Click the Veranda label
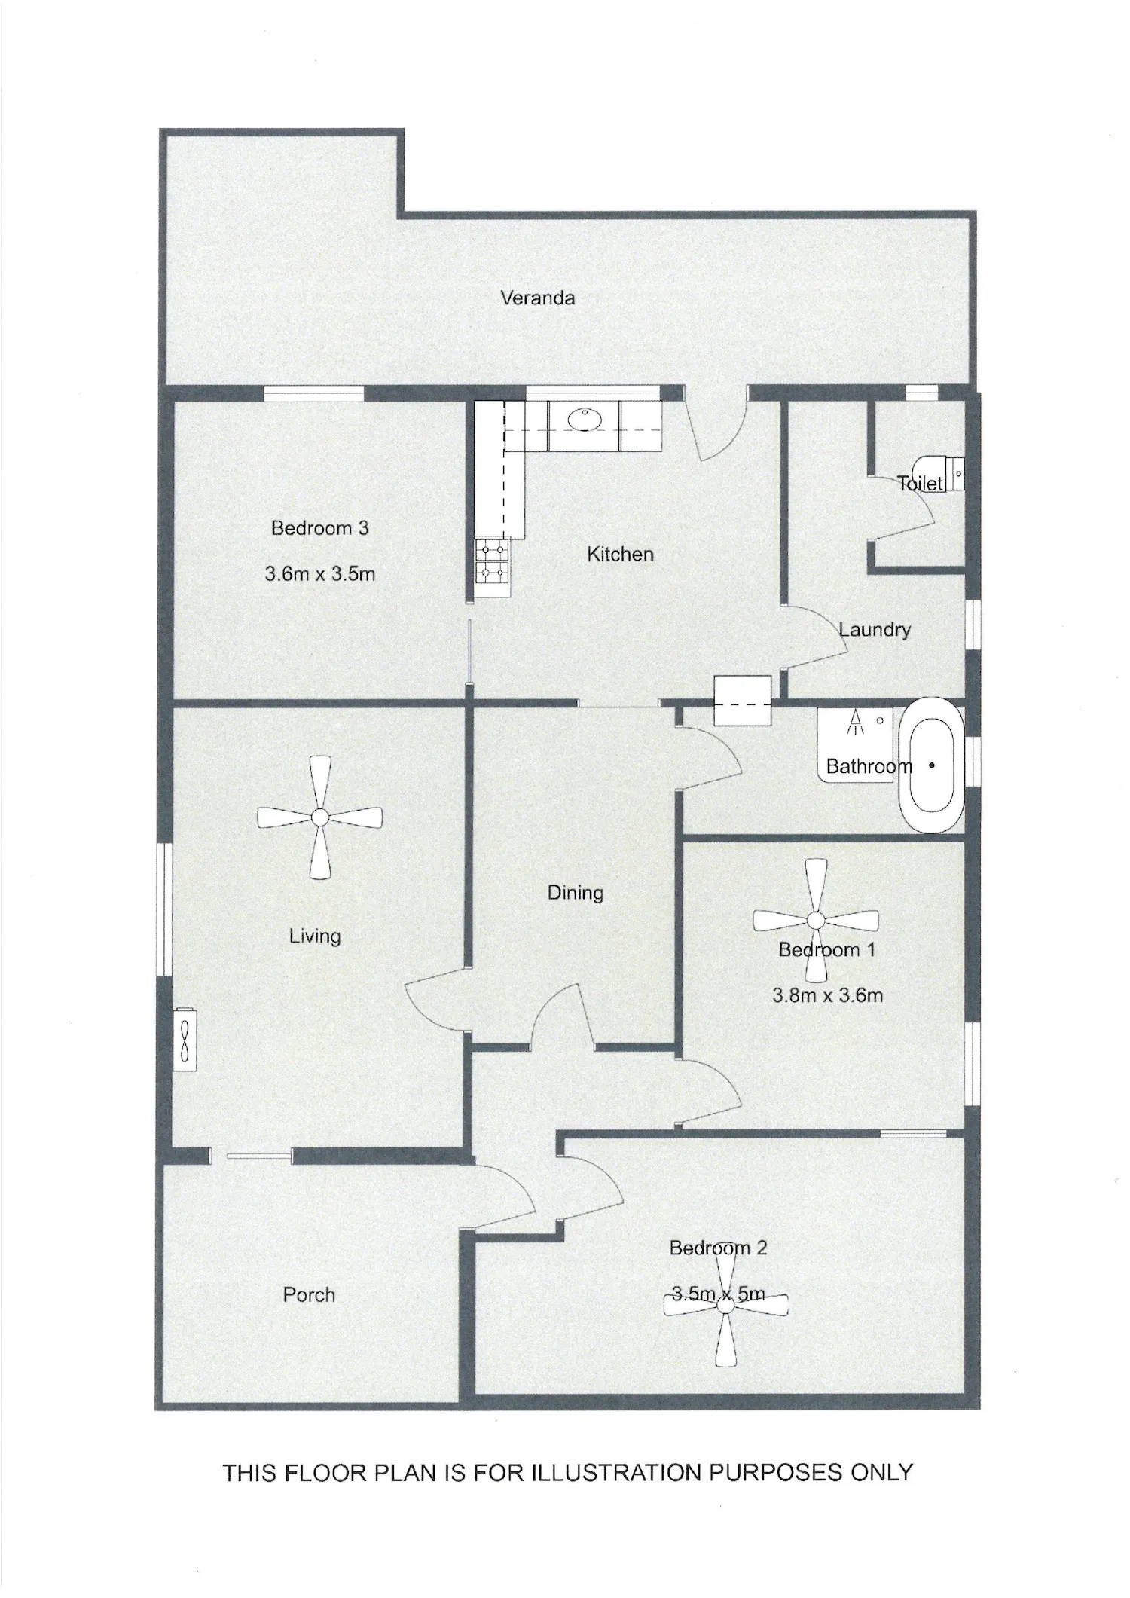pyautogui.click(x=537, y=298)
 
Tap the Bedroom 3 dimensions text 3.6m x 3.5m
pyautogui.click(x=319, y=574)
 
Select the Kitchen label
pyautogui.click(x=620, y=555)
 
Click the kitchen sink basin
pyautogui.click(x=583, y=419)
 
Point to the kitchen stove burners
pyautogui.click(x=493, y=561)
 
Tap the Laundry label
pyautogui.click(x=875, y=629)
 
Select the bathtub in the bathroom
pyautogui.click(x=932, y=765)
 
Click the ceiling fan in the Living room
pyautogui.click(x=319, y=817)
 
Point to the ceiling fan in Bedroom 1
pyautogui.click(x=815, y=921)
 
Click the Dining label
pyautogui.click(x=575, y=893)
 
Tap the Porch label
pyautogui.click(x=309, y=1294)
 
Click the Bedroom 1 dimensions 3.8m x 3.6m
pyautogui.click(x=827, y=995)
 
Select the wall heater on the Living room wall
pyautogui.click(x=185, y=1039)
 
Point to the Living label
pyautogui.click(x=315, y=936)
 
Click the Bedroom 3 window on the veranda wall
pyautogui.click(x=313, y=393)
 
